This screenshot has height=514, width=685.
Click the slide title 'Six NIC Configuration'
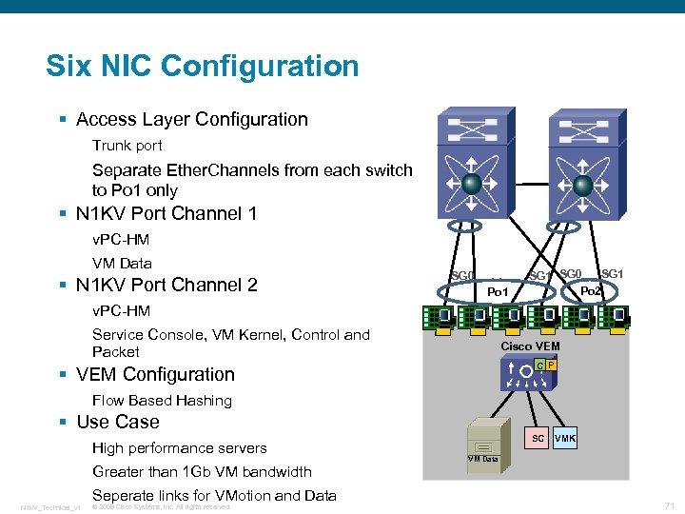(203, 66)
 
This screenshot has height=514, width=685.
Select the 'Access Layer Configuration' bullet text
(191, 119)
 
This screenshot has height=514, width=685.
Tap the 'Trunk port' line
(127, 146)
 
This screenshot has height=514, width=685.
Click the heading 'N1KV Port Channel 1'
(166, 213)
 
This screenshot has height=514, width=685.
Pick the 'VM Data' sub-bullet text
(122, 263)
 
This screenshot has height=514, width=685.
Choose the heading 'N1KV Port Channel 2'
(166, 285)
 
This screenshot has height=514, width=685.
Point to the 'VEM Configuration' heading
(155, 374)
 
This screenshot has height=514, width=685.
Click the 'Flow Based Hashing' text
(162, 400)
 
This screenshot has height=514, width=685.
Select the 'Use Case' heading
(117, 422)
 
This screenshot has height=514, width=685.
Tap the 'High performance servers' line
(179, 447)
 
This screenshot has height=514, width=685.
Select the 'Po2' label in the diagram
(591, 290)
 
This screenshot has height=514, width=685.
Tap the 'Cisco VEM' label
(530, 346)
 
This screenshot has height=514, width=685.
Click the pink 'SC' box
(538, 438)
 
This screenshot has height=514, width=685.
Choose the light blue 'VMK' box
(565, 438)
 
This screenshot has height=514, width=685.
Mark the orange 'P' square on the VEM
(551, 366)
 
